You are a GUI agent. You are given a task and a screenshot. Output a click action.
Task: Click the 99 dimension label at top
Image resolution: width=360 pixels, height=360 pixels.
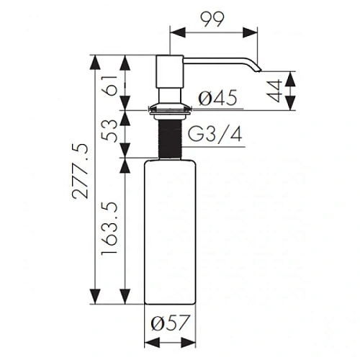[212, 19]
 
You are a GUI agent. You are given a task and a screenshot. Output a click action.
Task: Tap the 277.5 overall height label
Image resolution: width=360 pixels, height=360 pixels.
[81, 171]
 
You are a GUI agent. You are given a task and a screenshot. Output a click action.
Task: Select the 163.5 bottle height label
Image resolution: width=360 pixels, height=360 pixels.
[109, 228]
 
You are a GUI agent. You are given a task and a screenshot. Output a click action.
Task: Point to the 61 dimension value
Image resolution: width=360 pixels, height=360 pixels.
[109, 86]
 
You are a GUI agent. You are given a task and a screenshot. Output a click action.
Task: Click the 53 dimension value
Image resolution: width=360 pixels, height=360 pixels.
[109, 131]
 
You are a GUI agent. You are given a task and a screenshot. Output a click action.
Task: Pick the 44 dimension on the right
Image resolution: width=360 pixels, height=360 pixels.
[274, 91]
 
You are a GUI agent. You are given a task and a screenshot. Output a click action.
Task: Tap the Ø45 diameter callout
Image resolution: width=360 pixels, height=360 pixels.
[218, 98]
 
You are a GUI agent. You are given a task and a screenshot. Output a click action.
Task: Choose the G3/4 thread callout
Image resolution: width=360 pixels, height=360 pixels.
[215, 135]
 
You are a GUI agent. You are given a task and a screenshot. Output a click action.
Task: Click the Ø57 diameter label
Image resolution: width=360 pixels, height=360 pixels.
[171, 323]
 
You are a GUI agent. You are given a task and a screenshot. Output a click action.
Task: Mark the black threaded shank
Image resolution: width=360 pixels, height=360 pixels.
[170, 139]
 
